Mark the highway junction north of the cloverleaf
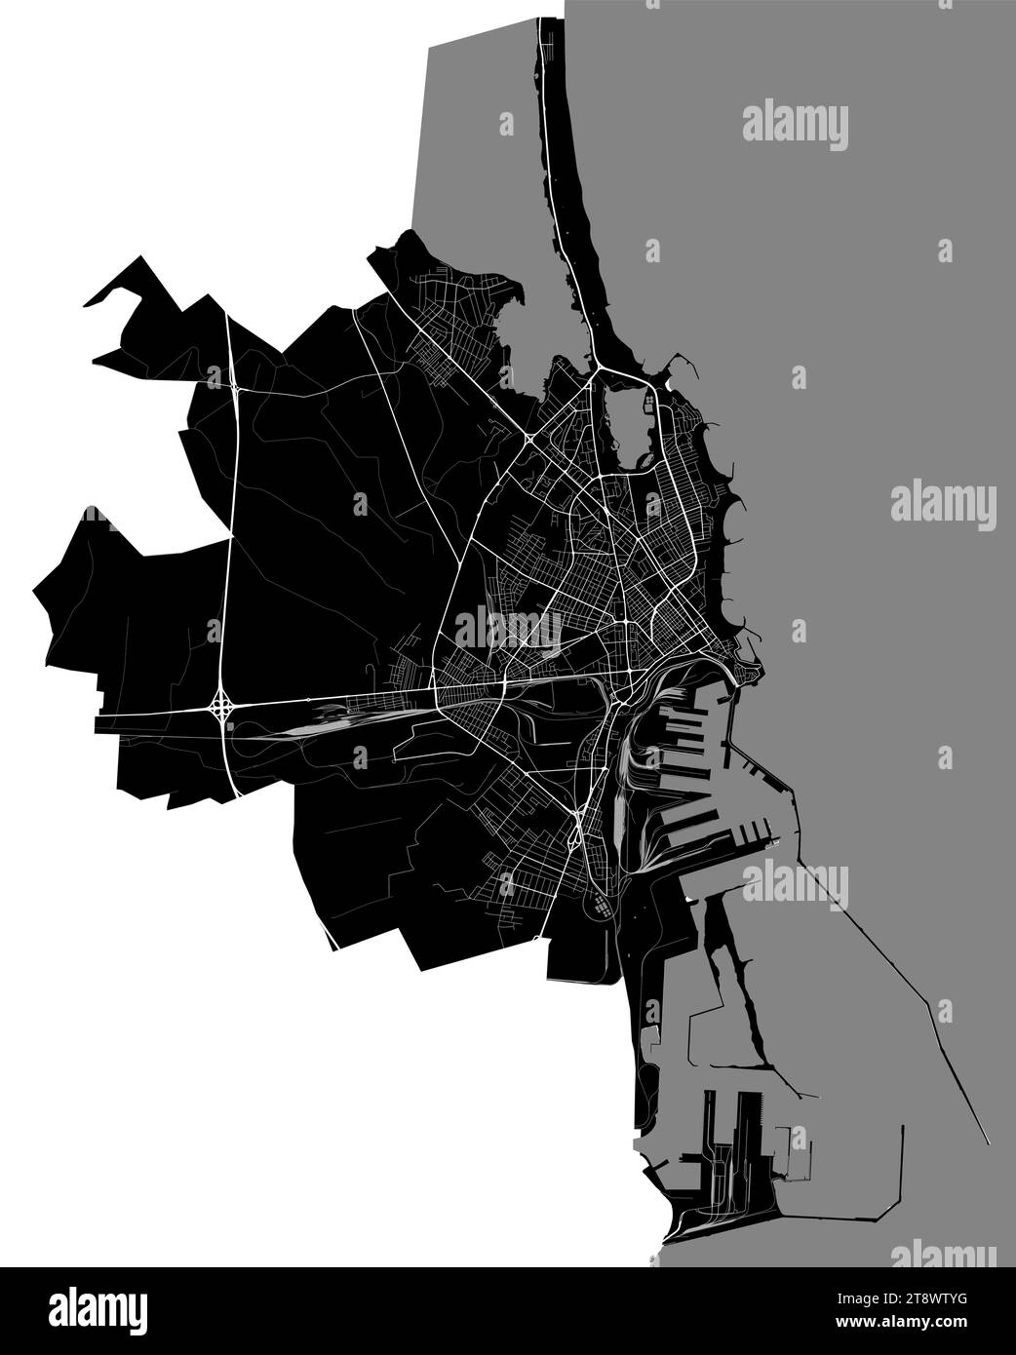tap(237, 389)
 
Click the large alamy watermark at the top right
tap(795, 127)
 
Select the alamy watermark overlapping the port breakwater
tap(795, 885)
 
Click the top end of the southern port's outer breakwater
tap(903, 1126)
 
